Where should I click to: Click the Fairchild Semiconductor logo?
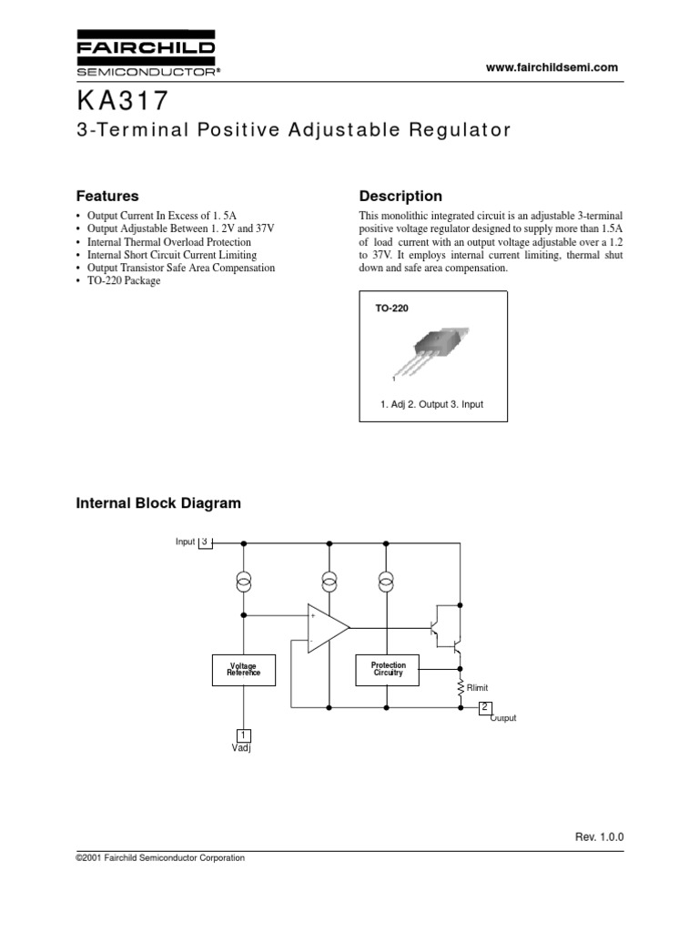click(x=145, y=55)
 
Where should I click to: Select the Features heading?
click(x=106, y=196)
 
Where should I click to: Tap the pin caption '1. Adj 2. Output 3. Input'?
click(x=432, y=403)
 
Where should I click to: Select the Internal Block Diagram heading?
click(x=157, y=502)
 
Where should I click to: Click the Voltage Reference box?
click(x=243, y=670)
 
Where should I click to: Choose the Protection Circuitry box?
click(x=388, y=670)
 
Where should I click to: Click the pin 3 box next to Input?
click(x=206, y=542)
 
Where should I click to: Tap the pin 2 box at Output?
click(x=485, y=707)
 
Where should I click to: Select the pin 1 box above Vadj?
click(x=243, y=735)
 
